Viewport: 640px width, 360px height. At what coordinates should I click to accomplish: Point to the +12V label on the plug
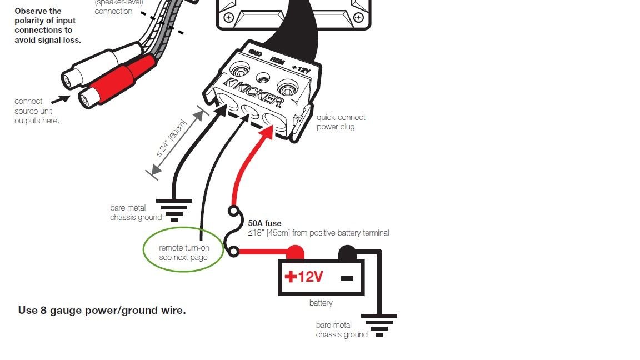click(301, 70)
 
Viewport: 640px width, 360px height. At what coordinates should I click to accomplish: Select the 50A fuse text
click(264, 223)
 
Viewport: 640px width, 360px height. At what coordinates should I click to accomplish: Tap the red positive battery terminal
click(294, 253)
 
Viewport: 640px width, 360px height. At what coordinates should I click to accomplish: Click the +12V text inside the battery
click(304, 276)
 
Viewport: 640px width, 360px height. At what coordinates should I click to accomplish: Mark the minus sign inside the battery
click(347, 277)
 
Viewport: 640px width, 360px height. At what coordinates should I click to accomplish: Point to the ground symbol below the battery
click(379, 324)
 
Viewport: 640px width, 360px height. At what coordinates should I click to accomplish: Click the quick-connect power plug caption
click(341, 122)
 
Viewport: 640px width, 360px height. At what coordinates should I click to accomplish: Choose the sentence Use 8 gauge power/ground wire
click(102, 311)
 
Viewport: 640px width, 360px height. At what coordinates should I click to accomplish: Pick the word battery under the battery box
click(321, 303)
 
